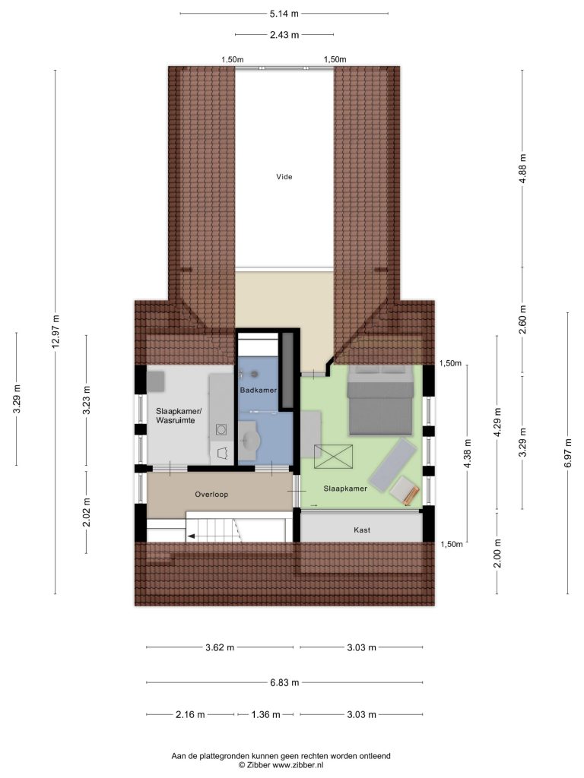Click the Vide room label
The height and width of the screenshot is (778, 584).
284,176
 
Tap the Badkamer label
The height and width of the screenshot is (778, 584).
259,390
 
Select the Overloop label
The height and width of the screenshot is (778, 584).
211,494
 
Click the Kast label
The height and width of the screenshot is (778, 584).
362,530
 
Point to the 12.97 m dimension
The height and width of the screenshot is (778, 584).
55,331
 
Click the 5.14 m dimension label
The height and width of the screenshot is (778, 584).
284,14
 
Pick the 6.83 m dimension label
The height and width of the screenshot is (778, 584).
284,683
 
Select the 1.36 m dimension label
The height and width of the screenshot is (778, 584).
265,714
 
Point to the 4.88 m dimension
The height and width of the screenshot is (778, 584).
522,169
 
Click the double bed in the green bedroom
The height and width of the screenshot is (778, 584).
380,400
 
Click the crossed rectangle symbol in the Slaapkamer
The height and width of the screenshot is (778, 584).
333,457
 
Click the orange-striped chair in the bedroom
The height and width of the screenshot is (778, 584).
405,492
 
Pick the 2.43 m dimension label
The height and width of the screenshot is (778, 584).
284,35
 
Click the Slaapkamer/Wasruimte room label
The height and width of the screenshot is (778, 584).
179,416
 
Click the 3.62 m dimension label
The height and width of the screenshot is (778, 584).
220,647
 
